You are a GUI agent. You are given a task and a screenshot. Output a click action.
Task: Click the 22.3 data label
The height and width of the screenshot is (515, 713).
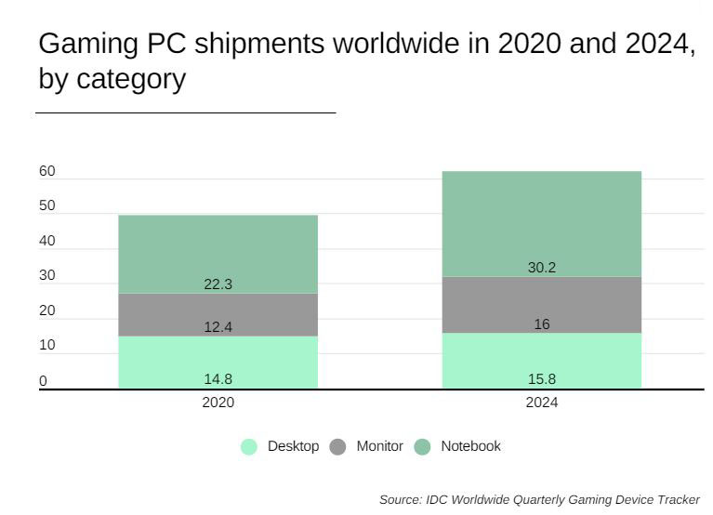(218, 284)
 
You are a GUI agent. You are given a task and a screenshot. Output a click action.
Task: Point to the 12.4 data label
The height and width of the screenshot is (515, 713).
(218, 327)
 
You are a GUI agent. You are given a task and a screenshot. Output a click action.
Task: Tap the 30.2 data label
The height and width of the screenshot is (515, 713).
(541, 268)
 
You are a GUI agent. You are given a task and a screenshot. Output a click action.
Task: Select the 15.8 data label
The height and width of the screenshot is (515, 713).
(541, 378)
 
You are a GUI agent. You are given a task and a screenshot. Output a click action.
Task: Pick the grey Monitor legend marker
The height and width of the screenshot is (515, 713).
(338, 447)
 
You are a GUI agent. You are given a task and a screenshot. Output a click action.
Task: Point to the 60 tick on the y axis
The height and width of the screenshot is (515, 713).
(47, 171)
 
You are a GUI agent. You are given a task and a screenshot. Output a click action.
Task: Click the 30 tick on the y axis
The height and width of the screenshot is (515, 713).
(47, 275)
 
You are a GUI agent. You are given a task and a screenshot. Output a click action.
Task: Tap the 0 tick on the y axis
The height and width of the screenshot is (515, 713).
(43, 380)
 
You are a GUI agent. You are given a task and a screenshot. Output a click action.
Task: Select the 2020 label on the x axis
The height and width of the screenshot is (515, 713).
(218, 403)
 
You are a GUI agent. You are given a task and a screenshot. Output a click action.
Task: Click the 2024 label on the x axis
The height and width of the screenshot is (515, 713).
(541, 403)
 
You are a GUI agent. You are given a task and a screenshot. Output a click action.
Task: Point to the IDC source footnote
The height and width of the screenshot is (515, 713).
(539, 499)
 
